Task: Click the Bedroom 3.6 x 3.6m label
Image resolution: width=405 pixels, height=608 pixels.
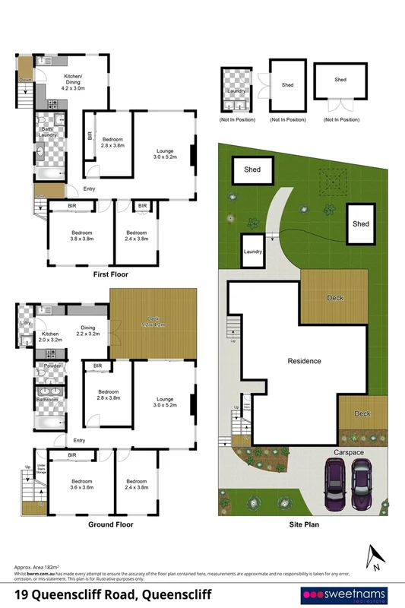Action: click(x=82, y=484)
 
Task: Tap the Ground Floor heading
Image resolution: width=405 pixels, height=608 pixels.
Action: click(x=111, y=524)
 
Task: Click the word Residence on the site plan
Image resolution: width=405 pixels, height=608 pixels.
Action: click(x=304, y=361)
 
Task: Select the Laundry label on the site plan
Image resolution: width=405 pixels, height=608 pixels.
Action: click(x=253, y=252)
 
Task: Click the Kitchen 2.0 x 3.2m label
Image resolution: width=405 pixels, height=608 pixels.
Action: click(x=50, y=337)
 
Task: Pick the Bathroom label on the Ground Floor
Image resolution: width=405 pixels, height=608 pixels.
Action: click(x=50, y=397)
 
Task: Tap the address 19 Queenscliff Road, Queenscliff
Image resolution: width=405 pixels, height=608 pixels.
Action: click(x=113, y=594)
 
